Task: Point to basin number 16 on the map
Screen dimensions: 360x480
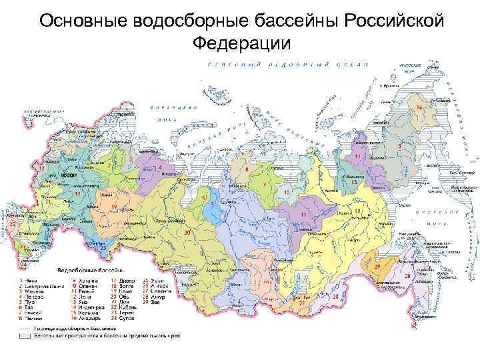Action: [419, 107]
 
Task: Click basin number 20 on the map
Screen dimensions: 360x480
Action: [187, 232]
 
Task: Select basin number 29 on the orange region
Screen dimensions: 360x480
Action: [377, 266]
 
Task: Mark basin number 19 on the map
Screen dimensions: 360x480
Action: [114, 207]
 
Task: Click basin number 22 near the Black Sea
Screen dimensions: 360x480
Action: [13, 225]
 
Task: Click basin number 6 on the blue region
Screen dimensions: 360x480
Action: [212, 202]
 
